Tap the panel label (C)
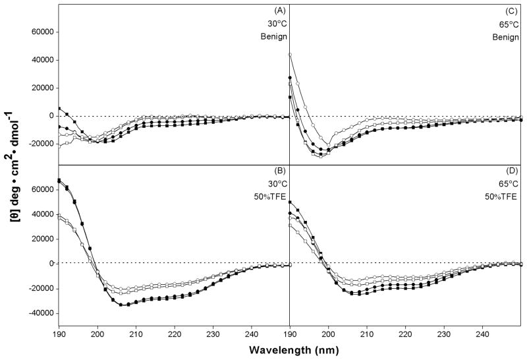click(x=510, y=11)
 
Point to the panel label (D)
click(x=510, y=174)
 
